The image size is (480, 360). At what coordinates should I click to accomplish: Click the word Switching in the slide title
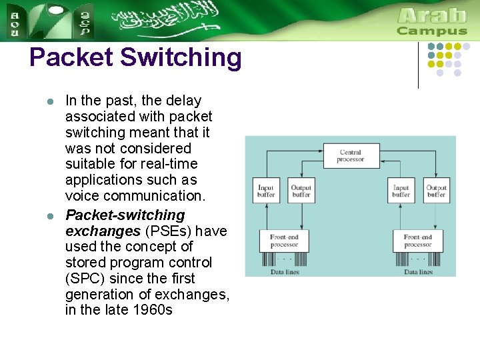point(181,58)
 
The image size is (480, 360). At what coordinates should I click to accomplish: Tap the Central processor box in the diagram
point(350,156)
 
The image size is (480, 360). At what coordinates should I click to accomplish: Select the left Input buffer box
point(266,191)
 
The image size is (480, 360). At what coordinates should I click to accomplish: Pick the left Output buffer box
point(301,191)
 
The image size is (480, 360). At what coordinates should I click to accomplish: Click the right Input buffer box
point(401,191)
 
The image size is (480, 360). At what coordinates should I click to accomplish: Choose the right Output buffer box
point(436,191)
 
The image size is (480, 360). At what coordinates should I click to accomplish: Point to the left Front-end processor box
point(285,241)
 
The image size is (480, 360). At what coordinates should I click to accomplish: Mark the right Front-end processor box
point(418,241)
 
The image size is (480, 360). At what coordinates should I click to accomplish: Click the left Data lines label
point(285,271)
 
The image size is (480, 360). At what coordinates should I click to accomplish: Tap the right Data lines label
point(418,271)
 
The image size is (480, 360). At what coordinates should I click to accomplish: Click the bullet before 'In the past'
point(49,102)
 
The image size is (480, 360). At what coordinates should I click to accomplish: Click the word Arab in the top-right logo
point(431,15)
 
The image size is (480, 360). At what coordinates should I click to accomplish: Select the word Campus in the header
point(431,31)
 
